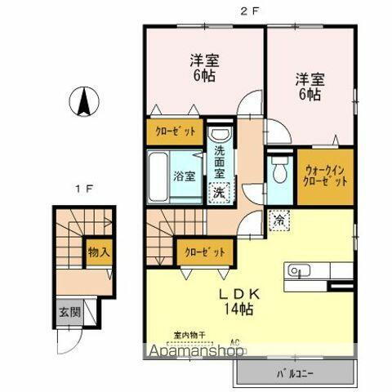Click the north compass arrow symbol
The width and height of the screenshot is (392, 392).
point(84,101)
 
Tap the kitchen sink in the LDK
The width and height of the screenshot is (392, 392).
point(295,269)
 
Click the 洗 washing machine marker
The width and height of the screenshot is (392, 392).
point(220,192)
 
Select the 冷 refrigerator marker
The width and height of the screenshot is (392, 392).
point(278,219)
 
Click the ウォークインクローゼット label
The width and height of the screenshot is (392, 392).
point(325,176)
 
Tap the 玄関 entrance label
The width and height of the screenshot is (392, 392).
point(69,311)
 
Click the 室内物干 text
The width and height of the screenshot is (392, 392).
point(189,334)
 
